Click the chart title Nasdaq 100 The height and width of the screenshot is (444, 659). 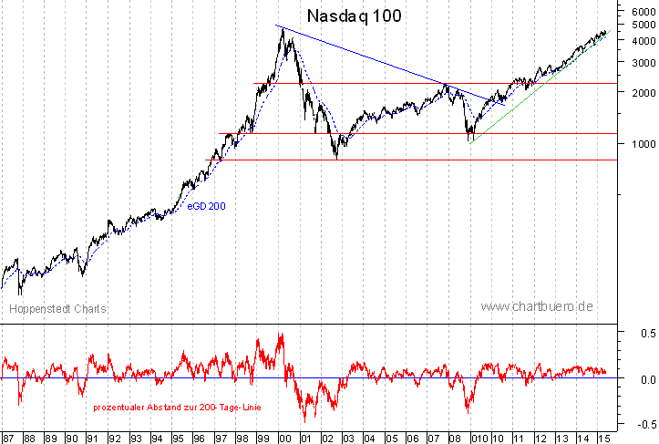coord(355,15)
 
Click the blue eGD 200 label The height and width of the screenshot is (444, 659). coord(206,207)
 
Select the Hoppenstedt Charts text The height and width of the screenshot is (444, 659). coord(57,309)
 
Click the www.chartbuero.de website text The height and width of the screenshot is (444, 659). coord(537,306)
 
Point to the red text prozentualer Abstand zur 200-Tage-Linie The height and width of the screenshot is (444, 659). coord(176,407)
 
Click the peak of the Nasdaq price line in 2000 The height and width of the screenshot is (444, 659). coord(283,29)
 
